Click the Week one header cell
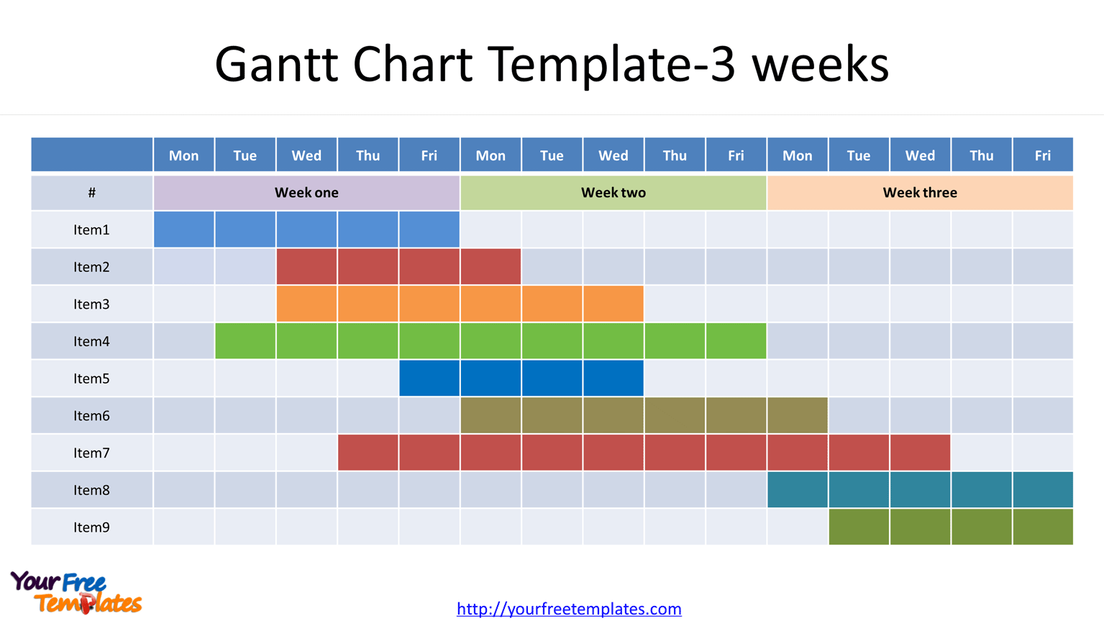pyautogui.click(x=306, y=193)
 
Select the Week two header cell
pyautogui.click(x=613, y=193)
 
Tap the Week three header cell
pyautogui.click(x=920, y=193)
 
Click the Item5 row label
pyautogui.click(x=91, y=379)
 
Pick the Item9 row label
pyautogui.click(x=91, y=527)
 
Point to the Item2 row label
pyautogui.click(x=91, y=267)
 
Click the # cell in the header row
pyautogui.click(x=91, y=193)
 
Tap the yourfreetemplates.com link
pyautogui.click(x=569, y=609)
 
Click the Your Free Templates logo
pyautogui.click(x=76, y=592)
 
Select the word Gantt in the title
pyautogui.click(x=276, y=64)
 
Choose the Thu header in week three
pyautogui.click(x=981, y=155)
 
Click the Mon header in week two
pyautogui.click(x=491, y=155)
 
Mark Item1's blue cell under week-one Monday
pyautogui.click(x=184, y=230)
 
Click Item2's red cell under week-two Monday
pyautogui.click(x=491, y=267)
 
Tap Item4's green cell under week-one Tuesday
pyautogui.click(x=245, y=341)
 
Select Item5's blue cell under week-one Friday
pyautogui.click(x=429, y=379)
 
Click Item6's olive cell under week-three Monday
pyautogui.click(x=797, y=416)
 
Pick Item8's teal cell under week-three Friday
pyautogui.click(x=1043, y=490)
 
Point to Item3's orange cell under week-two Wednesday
pyautogui.click(x=613, y=304)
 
